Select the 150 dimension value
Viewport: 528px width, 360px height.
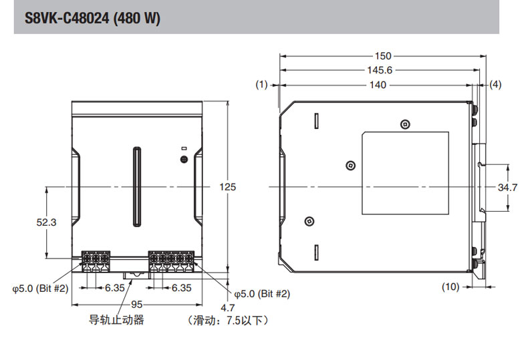pyautogui.click(x=383, y=56)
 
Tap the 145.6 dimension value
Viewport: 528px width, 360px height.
pyautogui.click(x=378, y=70)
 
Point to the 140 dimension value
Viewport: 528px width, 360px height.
pyautogui.click(x=378, y=85)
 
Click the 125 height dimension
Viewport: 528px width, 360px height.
pyautogui.click(x=228, y=188)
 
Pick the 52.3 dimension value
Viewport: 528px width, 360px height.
pyautogui.click(x=46, y=222)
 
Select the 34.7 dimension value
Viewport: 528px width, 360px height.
pyautogui.click(x=508, y=188)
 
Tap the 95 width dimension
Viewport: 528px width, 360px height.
pyautogui.click(x=137, y=305)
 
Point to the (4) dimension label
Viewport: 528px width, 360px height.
pyautogui.click(x=495, y=85)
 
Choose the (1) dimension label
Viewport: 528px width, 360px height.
pyautogui.click(x=261, y=85)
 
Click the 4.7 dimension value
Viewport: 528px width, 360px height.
pyautogui.click(x=228, y=308)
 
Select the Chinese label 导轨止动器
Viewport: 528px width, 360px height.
pyautogui.click(x=117, y=320)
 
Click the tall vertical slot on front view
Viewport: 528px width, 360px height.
pyautogui.click(x=137, y=187)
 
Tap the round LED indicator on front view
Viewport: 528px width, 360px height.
pyautogui.click(x=184, y=159)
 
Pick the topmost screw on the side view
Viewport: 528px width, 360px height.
pyautogui.click(x=406, y=124)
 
